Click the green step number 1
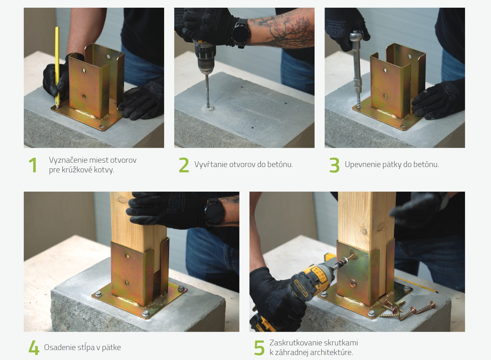coord(33,165)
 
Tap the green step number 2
coord(184,165)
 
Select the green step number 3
coord(335,165)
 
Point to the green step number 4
coord(34,348)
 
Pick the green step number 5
coord(259,348)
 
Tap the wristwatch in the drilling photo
coord(241,33)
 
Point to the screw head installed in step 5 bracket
coord(353,283)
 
